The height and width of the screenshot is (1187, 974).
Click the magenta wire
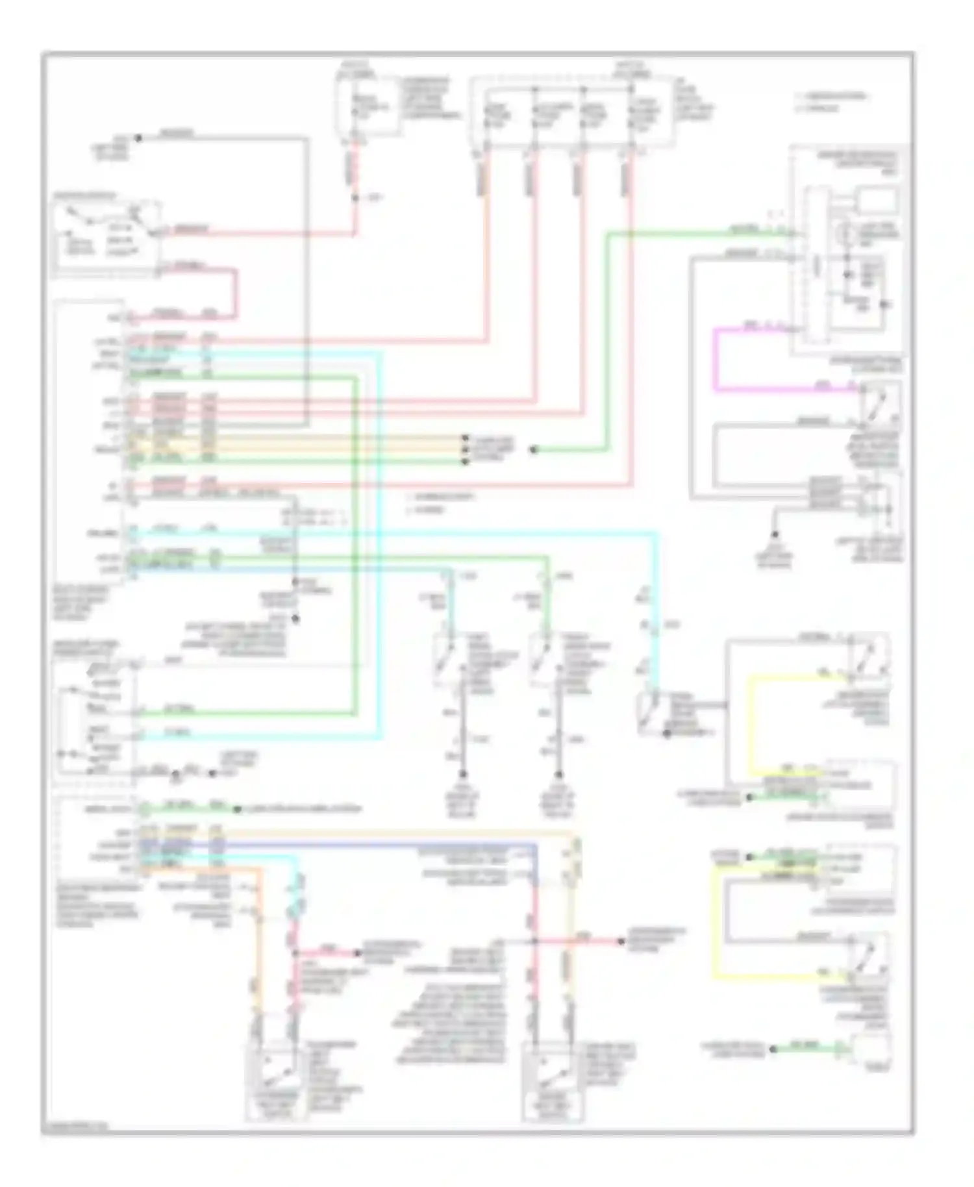pos(716,364)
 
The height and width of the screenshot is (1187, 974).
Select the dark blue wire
pos(390,845)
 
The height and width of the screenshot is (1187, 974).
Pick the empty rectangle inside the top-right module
pos(877,200)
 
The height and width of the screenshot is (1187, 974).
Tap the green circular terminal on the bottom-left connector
pos(147,809)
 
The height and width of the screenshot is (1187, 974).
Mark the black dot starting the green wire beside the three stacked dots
pos(533,449)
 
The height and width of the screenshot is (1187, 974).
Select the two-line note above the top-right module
pos(831,102)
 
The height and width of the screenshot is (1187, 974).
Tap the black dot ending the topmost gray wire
pos(138,138)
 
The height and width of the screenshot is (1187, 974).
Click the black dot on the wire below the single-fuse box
pos(355,197)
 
